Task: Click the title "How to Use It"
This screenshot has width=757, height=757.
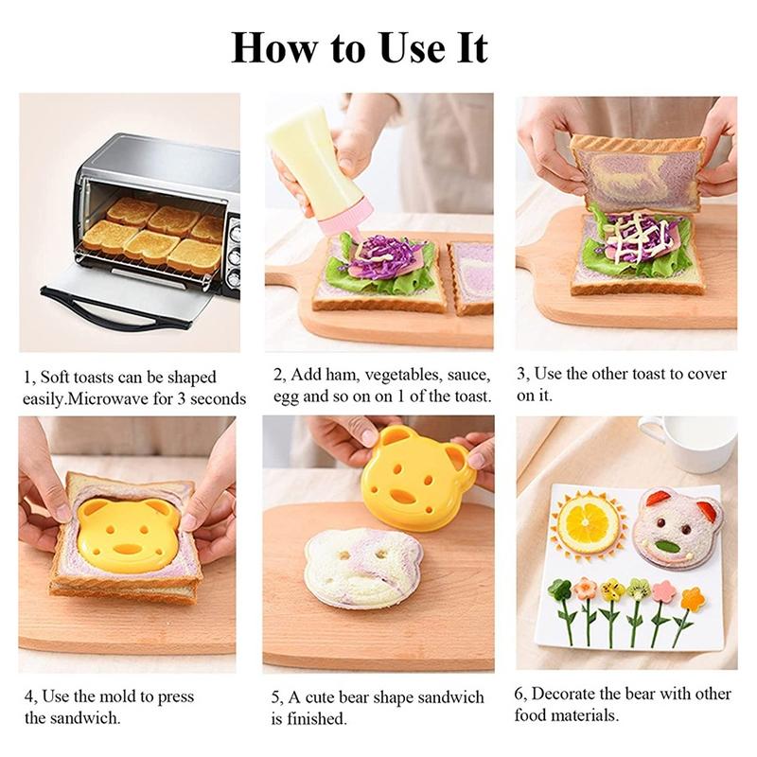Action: click(x=359, y=46)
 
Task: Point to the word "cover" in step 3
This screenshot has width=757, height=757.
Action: click(x=707, y=374)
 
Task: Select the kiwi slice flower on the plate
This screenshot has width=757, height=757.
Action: click(x=639, y=589)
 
